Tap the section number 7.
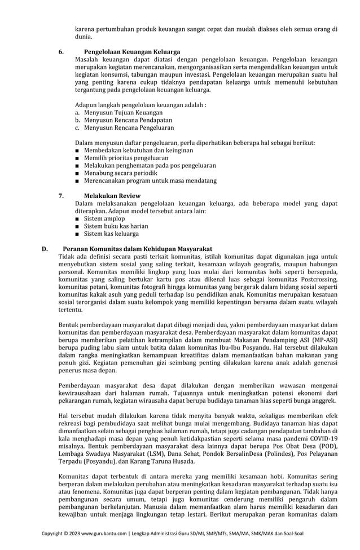61,195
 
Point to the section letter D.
45,248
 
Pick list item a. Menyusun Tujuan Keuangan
118,113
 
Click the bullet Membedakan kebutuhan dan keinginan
138,151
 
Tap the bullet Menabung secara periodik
120,173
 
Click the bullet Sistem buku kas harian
116,226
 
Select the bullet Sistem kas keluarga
111,234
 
